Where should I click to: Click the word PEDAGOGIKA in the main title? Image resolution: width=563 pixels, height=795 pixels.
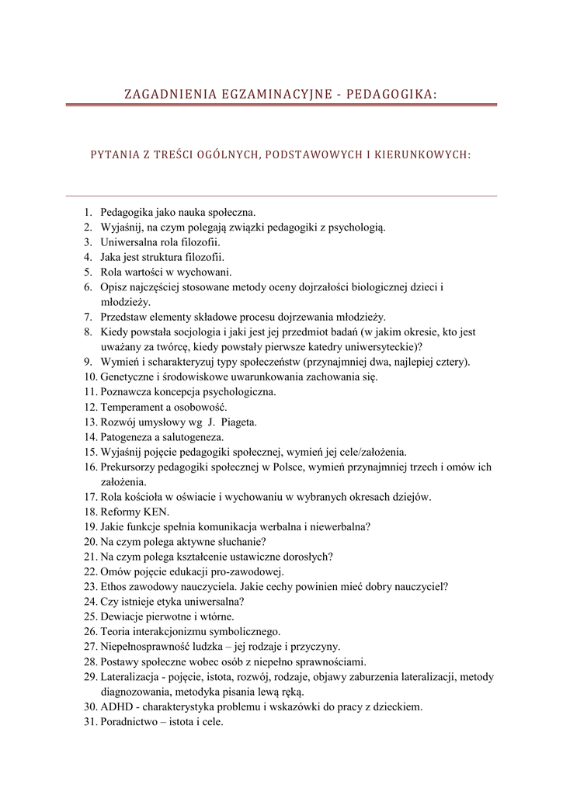[391, 94]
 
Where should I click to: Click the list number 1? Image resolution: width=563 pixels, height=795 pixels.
[88, 212]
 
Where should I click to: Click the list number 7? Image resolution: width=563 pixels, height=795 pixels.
[88, 317]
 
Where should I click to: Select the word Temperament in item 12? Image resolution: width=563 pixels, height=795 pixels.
[133, 407]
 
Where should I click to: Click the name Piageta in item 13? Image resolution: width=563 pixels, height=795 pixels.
[239, 422]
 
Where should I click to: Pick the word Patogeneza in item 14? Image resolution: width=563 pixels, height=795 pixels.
[128, 437]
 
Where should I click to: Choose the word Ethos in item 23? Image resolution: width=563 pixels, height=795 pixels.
[115, 587]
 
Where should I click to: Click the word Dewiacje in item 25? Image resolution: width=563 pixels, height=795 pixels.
[123, 617]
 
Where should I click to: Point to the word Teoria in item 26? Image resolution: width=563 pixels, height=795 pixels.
[116, 632]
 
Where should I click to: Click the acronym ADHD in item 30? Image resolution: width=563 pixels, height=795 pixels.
[116, 707]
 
